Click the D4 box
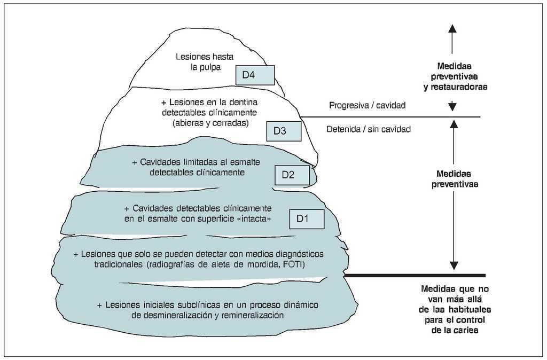coord(255,75)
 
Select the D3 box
coord(284,131)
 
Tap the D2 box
coord(292,175)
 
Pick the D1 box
coord(307,218)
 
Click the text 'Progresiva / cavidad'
coord(367,106)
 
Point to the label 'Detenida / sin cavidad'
coord(368,129)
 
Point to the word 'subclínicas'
coord(199,305)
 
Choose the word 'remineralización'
coord(250,315)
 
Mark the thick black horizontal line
coord(414,276)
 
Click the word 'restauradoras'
coord(462,86)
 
